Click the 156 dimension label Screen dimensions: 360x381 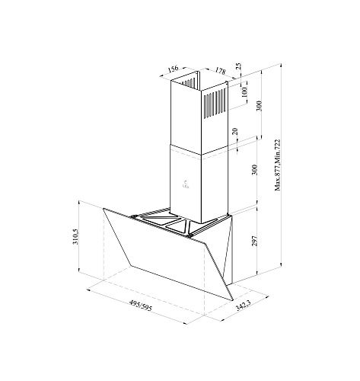[x=174, y=69]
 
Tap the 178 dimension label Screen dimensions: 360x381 [x=220, y=71]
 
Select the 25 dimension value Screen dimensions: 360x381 [x=238, y=66]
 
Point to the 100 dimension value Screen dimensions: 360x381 [x=244, y=93]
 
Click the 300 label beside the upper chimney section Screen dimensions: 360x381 [x=259, y=106]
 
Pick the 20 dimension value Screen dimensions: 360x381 [x=235, y=131]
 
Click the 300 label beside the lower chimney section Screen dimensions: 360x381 [x=255, y=170]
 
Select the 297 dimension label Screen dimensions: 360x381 [x=255, y=241]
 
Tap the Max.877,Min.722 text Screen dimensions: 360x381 [x=278, y=165]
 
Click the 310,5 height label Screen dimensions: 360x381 [x=76, y=236]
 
